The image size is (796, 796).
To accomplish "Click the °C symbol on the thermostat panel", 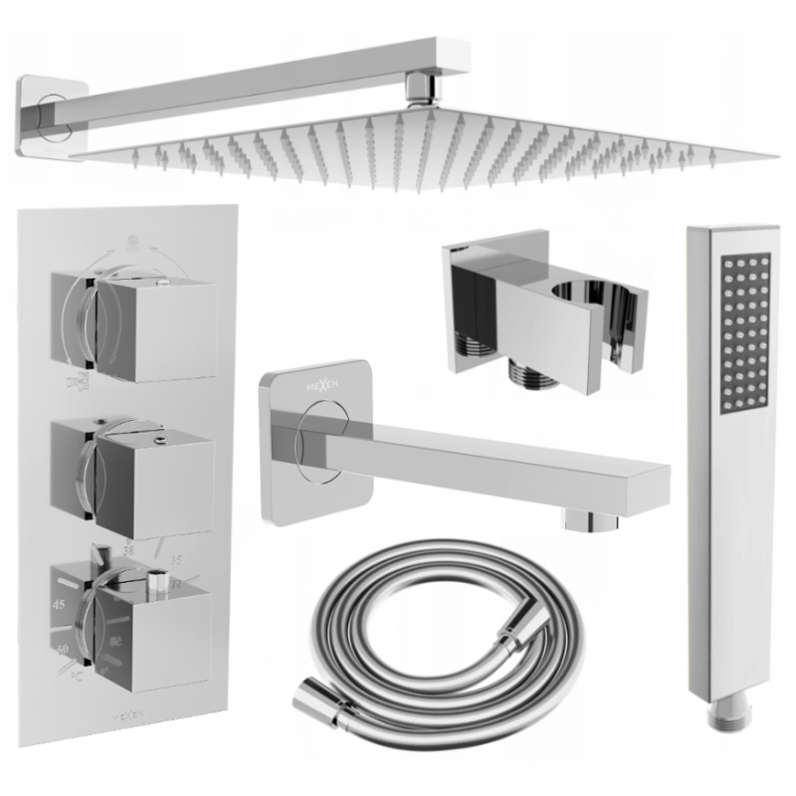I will point(78,679).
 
